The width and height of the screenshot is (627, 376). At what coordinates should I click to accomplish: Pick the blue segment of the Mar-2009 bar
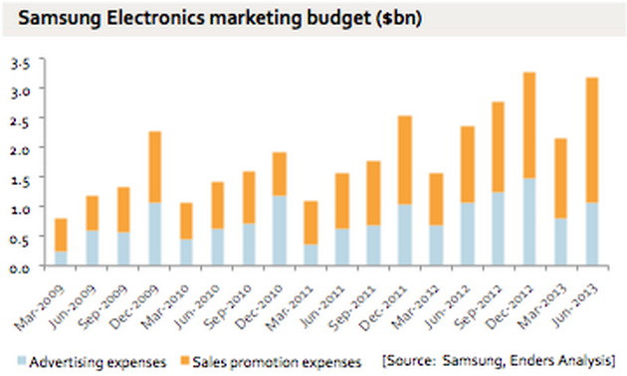[x=62, y=258]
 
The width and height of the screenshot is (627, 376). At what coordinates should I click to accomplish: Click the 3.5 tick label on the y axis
[x=21, y=63]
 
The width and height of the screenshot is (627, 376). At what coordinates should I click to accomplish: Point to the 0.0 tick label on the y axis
[x=21, y=267]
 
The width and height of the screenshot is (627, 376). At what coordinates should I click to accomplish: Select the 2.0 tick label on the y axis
[x=21, y=149]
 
